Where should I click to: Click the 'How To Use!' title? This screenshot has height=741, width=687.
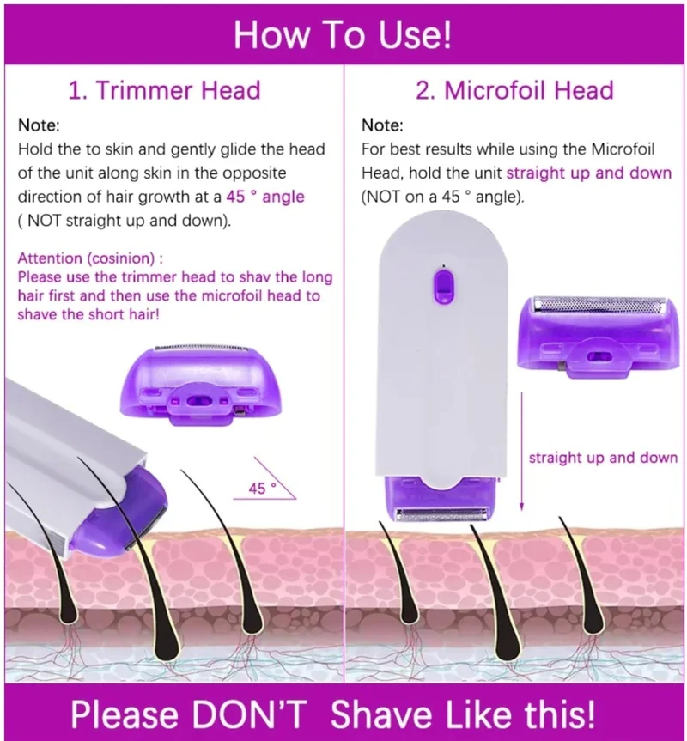pyautogui.click(x=343, y=35)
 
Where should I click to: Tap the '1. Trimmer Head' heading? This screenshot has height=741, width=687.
pyautogui.click(x=164, y=90)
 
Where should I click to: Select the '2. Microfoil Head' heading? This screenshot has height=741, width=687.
pyautogui.click(x=514, y=90)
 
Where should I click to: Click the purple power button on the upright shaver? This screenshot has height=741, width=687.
pyautogui.click(x=443, y=287)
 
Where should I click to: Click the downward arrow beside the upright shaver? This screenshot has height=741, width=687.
pyautogui.click(x=521, y=452)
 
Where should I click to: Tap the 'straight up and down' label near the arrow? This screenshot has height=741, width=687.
pyautogui.click(x=603, y=458)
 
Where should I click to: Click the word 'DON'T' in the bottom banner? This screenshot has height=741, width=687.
pyautogui.click(x=249, y=714)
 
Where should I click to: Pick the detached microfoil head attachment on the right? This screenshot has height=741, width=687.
pyautogui.click(x=599, y=337)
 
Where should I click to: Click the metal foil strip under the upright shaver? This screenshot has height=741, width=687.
pyautogui.click(x=443, y=515)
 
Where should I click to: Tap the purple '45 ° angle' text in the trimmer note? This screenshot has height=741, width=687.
pyautogui.click(x=265, y=197)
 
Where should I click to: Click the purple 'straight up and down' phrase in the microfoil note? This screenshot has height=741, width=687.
pyautogui.click(x=589, y=173)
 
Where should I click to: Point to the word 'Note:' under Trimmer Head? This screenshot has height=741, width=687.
pyautogui.click(x=39, y=125)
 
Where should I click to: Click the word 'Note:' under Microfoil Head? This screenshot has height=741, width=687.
pyautogui.click(x=382, y=125)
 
